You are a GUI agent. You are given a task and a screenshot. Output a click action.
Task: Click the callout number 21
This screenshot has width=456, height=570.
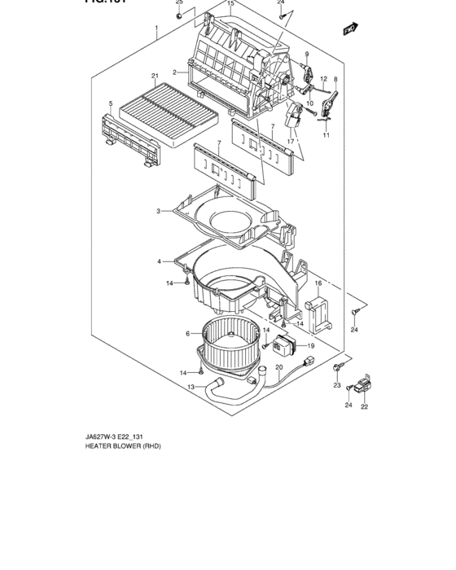tap(154, 77)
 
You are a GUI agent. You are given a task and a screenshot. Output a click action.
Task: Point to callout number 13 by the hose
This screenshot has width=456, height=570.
tap(191, 387)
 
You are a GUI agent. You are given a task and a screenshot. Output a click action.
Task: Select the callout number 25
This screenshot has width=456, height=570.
tap(180, 3)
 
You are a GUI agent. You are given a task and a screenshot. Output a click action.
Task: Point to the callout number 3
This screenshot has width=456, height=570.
tap(159, 211)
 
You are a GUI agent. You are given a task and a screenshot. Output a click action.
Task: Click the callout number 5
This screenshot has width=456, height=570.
tap(110, 103)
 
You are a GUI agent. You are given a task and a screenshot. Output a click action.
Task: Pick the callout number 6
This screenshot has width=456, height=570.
tap(187, 333)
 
